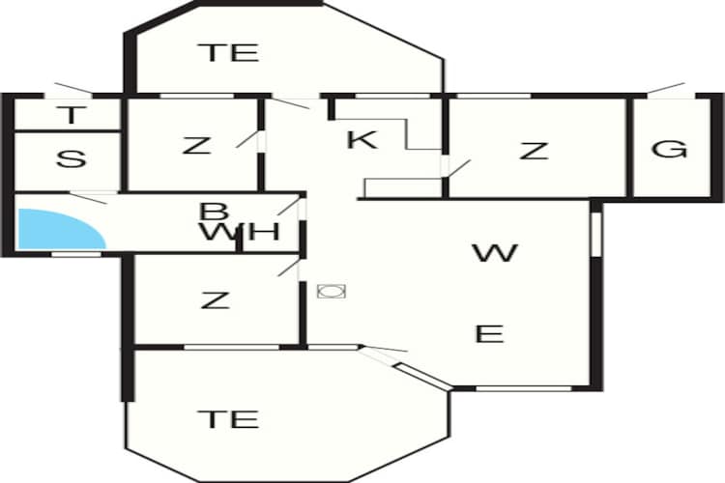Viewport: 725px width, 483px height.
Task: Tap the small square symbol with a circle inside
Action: click(332, 291)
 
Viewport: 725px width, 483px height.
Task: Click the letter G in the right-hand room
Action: click(669, 150)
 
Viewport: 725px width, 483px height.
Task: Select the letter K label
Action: click(362, 139)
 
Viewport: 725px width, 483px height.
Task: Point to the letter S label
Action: click(71, 159)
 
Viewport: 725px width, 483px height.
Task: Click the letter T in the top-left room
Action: click(72, 115)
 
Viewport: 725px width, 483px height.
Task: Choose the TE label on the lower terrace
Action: click(228, 418)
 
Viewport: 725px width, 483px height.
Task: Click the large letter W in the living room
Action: click(495, 253)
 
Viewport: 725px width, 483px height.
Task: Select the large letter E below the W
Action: click(490, 333)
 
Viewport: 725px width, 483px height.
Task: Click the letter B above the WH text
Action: click(214, 213)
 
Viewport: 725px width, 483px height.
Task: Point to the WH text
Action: click(241, 232)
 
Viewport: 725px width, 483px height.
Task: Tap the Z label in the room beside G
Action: click(534, 151)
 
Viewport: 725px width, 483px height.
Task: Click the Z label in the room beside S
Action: click(197, 146)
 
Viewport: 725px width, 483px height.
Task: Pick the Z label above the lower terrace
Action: click(216, 300)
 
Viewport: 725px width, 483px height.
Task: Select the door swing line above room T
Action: click(73, 88)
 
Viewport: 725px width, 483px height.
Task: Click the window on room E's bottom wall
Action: click(524, 388)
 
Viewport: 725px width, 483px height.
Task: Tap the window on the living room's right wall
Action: click(596, 234)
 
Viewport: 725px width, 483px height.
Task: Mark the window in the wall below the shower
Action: click(75, 254)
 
